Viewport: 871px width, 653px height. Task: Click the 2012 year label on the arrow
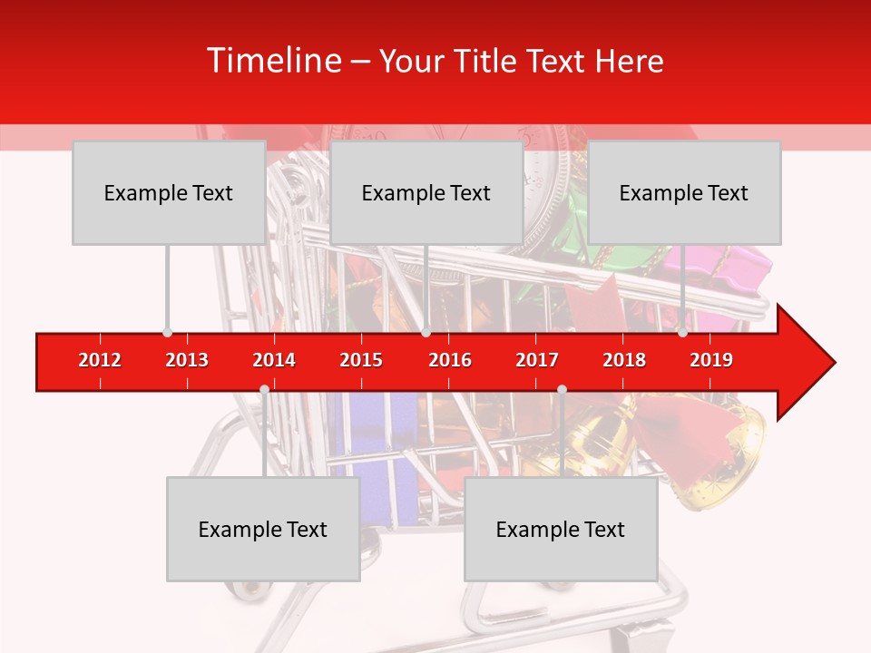[x=100, y=360]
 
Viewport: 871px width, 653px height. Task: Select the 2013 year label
[x=187, y=360]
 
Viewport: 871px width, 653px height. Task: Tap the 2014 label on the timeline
[x=274, y=360]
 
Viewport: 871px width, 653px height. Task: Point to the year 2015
[x=361, y=360]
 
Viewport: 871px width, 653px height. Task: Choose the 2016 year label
[x=450, y=360]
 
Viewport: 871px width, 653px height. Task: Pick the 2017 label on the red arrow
[x=537, y=360]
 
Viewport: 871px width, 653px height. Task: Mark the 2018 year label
[x=624, y=360]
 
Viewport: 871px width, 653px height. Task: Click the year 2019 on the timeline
[x=711, y=360]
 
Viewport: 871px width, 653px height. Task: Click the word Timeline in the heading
[x=274, y=61]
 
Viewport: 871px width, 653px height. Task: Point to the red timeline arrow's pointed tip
[x=833, y=363]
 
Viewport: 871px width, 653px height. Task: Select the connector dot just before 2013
[x=167, y=332]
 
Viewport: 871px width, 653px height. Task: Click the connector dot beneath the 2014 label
[x=264, y=389]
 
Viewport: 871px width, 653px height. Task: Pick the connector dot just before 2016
[x=426, y=332]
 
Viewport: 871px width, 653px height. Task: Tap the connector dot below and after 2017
[x=562, y=389]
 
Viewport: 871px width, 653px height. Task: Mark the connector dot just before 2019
[x=682, y=332]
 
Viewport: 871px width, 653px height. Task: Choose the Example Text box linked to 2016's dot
[x=426, y=192]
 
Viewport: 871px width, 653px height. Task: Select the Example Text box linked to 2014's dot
[x=263, y=529]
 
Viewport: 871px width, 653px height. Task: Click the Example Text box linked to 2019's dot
[x=684, y=192]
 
